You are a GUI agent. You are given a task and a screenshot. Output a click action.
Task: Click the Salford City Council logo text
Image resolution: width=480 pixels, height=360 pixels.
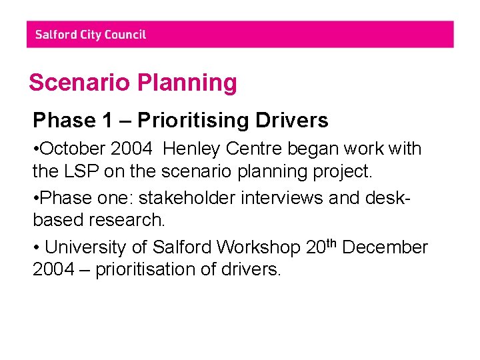coord(90,35)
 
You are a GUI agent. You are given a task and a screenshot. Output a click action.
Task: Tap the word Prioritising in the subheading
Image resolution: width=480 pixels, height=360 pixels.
coord(189,121)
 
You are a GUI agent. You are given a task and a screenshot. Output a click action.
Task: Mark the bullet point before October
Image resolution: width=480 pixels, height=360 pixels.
coord(36,149)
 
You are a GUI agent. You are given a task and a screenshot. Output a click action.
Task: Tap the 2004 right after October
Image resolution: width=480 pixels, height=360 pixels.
coord(136,148)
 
